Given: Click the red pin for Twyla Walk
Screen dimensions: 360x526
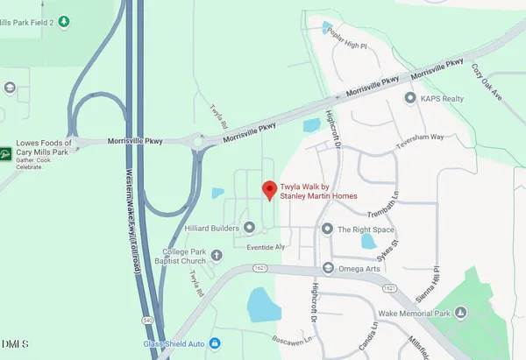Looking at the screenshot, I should pos(268,189).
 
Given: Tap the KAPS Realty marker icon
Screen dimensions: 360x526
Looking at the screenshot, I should pos(409,99).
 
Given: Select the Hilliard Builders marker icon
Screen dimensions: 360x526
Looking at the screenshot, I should pos(248,228).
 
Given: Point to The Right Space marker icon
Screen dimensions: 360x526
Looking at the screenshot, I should pos(328,229).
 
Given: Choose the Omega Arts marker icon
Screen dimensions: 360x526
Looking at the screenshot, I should pos(328,268).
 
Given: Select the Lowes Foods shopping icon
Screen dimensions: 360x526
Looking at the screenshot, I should pos(5,155).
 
